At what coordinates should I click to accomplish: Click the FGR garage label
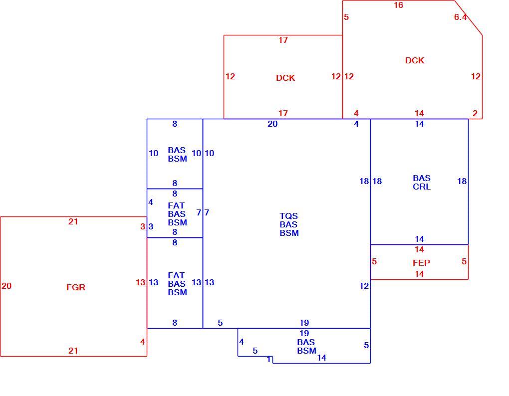tap(76, 287)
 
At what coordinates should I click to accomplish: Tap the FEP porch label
tap(421, 263)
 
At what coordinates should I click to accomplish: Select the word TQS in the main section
tap(288, 216)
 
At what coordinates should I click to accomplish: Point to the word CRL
tap(422, 187)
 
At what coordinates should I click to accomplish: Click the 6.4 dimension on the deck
tap(460, 17)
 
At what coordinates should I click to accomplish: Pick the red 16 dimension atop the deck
tap(398, 5)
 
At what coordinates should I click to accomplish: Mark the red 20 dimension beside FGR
tap(6, 286)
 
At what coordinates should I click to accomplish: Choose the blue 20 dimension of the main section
tap(272, 124)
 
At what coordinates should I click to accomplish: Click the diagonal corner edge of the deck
tap(468, 17)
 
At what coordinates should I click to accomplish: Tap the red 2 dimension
tap(475, 114)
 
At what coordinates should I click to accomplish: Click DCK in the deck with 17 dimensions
tap(285, 78)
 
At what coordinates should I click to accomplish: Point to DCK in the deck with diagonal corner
tap(415, 60)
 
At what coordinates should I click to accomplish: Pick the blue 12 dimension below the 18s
tap(364, 286)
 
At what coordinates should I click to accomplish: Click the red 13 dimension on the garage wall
tap(140, 282)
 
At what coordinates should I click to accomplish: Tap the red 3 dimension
tap(143, 226)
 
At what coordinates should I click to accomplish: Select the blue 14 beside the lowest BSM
tap(321, 358)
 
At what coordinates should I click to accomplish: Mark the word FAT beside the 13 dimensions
tap(176, 275)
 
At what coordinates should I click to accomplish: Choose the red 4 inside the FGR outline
tap(143, 342)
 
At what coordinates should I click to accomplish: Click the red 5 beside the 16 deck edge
tap(346, 17)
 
